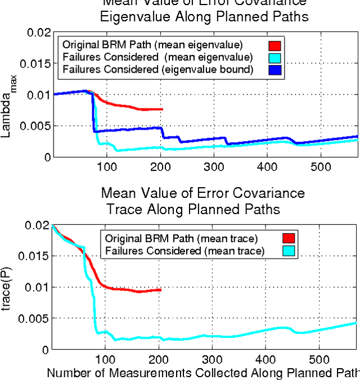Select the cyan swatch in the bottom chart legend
point(288,251)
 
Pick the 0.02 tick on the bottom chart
point(37,225)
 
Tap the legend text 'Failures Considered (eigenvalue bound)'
point(158,69)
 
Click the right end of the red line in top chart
point(162,109)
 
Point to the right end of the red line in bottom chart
point(161,289)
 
